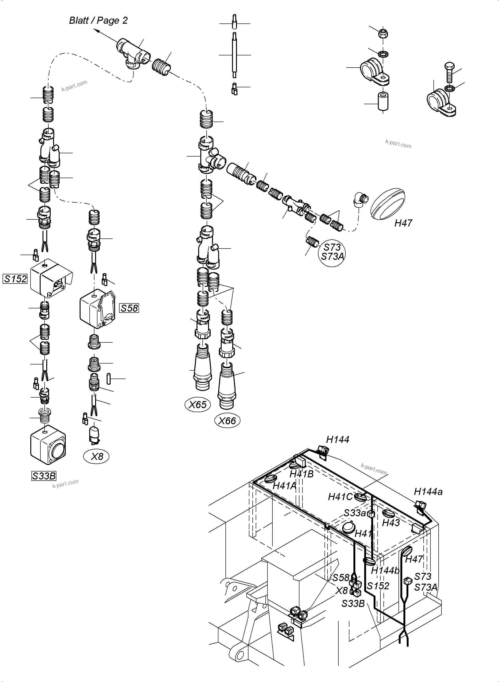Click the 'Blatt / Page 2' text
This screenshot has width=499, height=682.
click(98, 20)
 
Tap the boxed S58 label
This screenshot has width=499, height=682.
click(129, 308)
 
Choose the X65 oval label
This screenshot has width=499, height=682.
click(197, 405)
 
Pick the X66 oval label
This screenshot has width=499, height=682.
click(227, 421)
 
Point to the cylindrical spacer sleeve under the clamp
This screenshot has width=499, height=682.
click(383, 102)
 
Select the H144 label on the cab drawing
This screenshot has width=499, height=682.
click(338, 439)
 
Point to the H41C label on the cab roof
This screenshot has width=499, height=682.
click(340, 497)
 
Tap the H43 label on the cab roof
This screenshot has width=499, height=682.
click(391, 523)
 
